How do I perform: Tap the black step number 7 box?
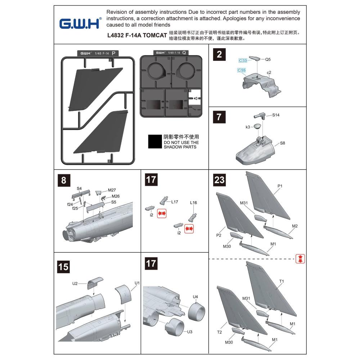click(x=220, y=117)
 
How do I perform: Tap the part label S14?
click(x=276, y=115)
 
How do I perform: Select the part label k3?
click(x=248, y=127)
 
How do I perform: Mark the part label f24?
click(x=70, y=204)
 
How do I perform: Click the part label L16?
click(x=193, y=203)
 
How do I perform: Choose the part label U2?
click(x=75, y=283)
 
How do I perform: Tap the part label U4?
click(x=195, y=297)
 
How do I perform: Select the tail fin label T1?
click(x=282, y=281)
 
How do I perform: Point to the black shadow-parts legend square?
click(x=155, y=142)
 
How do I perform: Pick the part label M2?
click(x=295, y=226)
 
